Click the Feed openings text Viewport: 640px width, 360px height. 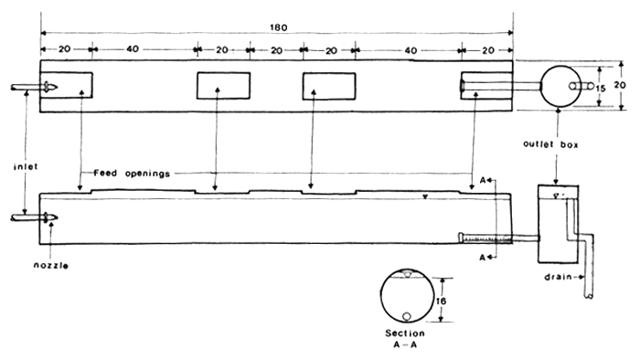(x=132, y=173)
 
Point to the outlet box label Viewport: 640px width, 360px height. (x=549, y=144)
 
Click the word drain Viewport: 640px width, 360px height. (x=559, y=275)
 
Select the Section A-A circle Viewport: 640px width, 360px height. (x=405, y=298)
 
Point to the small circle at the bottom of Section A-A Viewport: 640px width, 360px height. (x=405, y=317)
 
